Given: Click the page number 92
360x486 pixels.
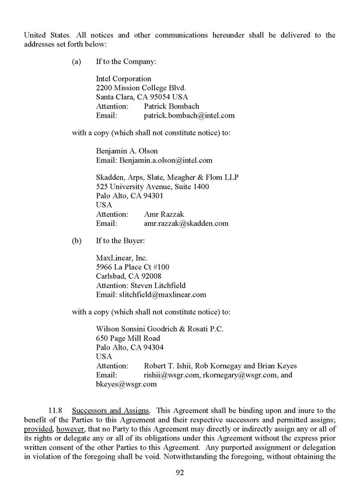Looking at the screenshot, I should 180,472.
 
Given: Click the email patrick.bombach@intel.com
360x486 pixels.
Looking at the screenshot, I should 189,115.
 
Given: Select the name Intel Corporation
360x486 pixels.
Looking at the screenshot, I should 123,79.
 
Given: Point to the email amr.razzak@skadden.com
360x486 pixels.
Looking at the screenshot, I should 186,223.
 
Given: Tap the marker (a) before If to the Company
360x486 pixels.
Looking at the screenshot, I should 76,61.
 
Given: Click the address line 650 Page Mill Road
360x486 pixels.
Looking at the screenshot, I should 128,338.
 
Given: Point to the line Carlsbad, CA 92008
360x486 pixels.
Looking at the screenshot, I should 129,276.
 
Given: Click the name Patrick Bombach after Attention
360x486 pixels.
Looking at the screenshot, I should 171,106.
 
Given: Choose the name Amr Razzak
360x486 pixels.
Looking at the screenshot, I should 164,214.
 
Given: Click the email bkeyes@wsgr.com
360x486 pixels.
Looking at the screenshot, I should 126,384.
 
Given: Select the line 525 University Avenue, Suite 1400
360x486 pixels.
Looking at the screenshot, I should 152,186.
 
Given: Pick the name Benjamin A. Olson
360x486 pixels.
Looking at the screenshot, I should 127,151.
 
